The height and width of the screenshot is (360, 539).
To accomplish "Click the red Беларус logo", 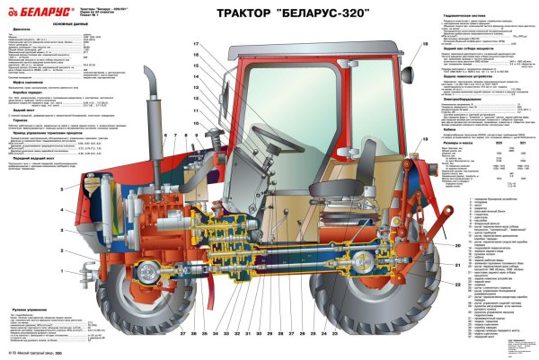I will click(31, 12).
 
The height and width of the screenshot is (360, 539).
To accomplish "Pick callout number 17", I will click(195, 44).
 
